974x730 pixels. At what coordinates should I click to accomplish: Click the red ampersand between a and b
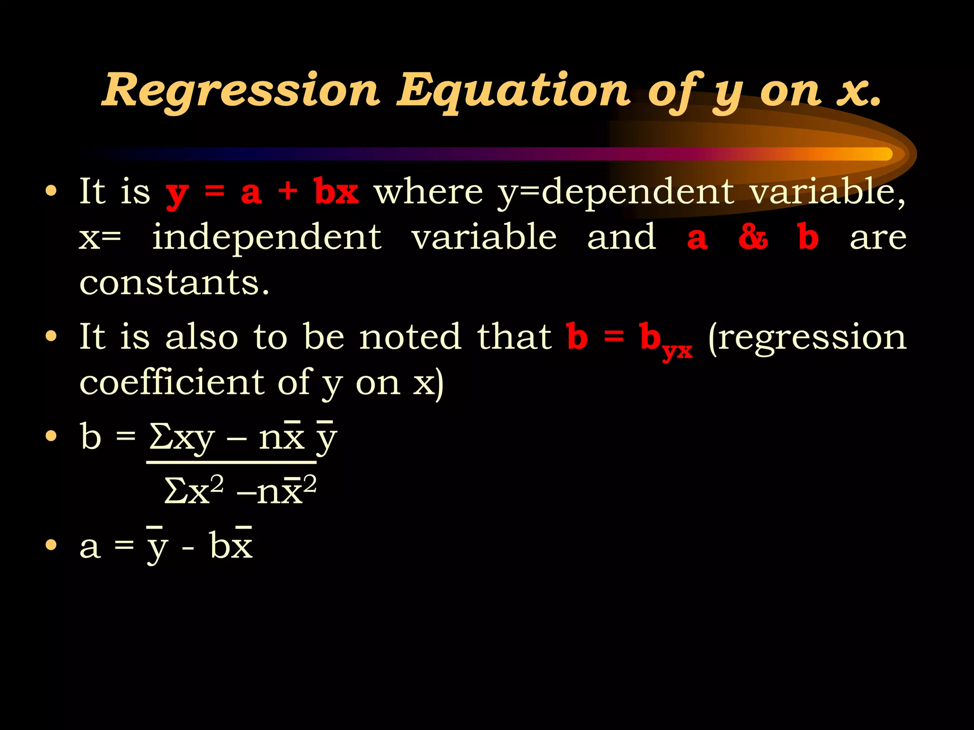click(753, 237)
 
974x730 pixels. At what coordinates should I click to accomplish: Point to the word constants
click(174, 283)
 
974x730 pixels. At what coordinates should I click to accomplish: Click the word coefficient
click(172, 383)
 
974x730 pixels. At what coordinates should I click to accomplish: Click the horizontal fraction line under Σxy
click(231, 461)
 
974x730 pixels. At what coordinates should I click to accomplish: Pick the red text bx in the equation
click(336, 192)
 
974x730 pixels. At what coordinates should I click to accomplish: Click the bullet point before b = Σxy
click(51, 436)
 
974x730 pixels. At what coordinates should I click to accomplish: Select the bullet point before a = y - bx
click(51, 545)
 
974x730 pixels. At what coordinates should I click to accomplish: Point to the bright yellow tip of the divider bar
click(880, 154)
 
